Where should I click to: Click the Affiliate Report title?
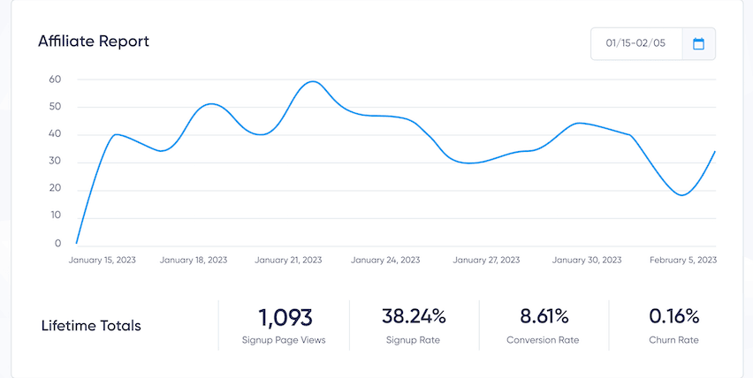94,42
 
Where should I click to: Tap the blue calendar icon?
698,43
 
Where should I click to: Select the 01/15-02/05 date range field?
636,43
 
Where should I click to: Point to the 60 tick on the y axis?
55,79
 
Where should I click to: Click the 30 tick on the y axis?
55,162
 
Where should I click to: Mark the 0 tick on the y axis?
57,244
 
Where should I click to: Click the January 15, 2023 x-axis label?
103,261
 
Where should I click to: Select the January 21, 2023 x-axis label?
288,261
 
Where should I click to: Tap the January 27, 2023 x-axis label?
486,261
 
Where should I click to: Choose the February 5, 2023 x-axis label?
682,261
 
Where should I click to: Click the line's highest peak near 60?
311,81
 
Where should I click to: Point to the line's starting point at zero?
77,243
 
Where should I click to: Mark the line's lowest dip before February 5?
681,195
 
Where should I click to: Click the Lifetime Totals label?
91,326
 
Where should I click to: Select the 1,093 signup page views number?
285,316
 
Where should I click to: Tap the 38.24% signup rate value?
414,316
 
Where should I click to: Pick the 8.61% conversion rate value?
543,316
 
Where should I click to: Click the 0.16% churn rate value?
673,316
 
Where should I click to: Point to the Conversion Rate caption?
543,339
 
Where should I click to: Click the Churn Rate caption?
673,339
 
